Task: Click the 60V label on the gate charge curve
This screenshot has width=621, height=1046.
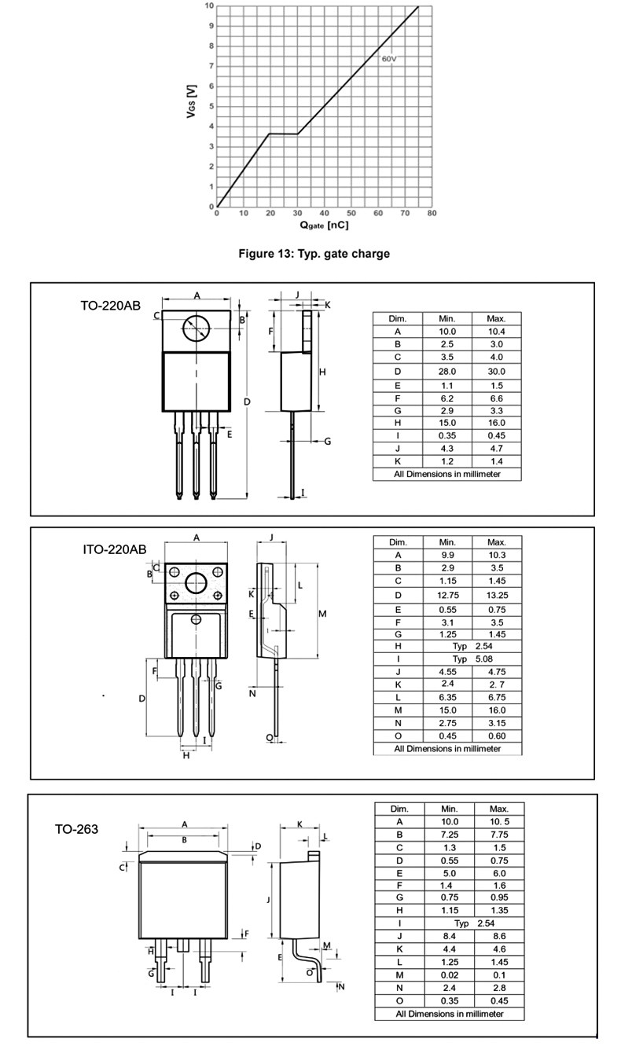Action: tap(389, 59)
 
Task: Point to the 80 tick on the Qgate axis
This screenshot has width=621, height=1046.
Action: tap(432, 214)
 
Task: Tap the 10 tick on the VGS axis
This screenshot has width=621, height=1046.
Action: tap(209, 6)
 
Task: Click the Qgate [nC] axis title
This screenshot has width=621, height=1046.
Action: tap(324, 225)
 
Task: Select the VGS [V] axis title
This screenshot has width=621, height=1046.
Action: tap(192, 101)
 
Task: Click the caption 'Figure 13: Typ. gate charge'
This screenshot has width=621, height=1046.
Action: tap(314, 254)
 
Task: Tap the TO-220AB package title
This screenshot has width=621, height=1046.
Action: tap(110, 306)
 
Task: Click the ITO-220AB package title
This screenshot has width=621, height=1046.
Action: tap(115, 549)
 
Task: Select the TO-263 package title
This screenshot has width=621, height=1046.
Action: tap(76, 829)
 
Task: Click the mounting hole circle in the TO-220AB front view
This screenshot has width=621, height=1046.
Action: tap(196, 328)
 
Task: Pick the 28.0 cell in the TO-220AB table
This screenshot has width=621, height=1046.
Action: tap(446, 372)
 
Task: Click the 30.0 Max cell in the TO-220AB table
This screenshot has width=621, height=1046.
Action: tap(496, 372)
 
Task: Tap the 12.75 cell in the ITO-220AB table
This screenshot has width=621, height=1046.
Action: tap(447, 596)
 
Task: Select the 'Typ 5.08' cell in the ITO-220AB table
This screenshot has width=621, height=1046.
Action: tap(472, 659)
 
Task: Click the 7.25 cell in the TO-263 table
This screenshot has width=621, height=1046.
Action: tap(449, 835)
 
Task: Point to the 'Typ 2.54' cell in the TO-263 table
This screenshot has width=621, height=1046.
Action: tap(474, 923)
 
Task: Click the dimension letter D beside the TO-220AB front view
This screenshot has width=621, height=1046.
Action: tap(248, 402)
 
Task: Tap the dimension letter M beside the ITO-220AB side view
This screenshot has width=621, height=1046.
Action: tap(322, 614)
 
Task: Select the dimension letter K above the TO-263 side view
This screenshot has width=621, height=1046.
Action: tap(299, 824)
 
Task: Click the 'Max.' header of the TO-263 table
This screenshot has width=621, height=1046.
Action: tap(499, 809)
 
